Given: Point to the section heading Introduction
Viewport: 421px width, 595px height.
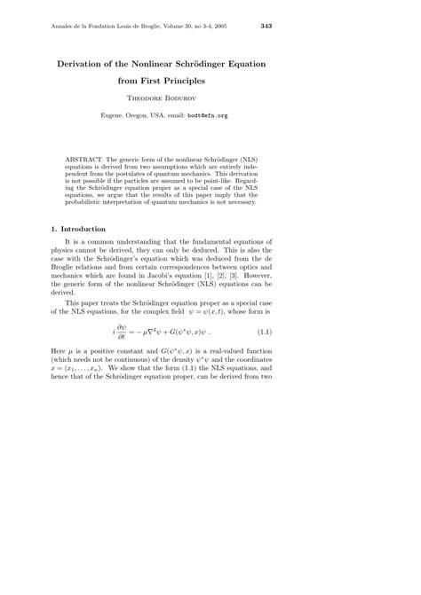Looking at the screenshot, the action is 87,228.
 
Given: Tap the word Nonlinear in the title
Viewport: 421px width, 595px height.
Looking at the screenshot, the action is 165,66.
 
